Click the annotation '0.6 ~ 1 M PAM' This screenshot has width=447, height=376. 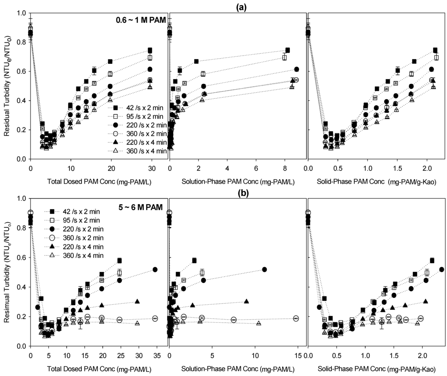point(139,20)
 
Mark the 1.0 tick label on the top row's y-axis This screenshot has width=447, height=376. point(20,13)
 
